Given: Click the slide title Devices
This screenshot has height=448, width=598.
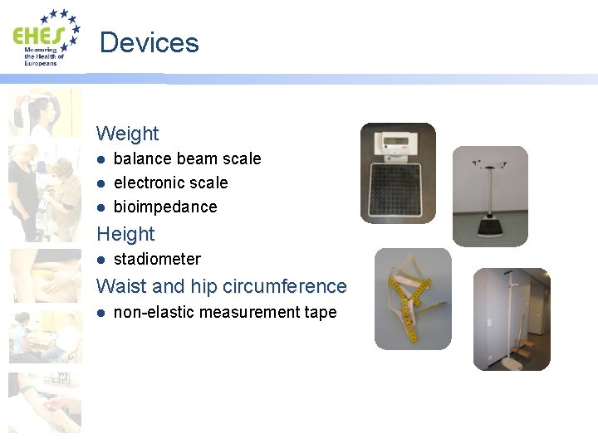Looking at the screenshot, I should pyautogui.click(x=149, y=42).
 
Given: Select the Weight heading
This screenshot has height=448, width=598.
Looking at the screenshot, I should pyautogui.click(x=127, y=133).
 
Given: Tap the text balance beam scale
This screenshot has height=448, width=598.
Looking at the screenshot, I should pyautogui.click(x=187, y=158).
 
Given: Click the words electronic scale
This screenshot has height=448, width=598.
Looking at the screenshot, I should pyautogui.click(x=170, y=183).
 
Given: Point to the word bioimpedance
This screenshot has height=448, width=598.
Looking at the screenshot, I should pyautogui.click(x=165, y=207).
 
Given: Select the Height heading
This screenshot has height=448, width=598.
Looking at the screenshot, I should pyautogui.click(x=125, y=234).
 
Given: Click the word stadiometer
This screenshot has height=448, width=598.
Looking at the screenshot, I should pyautogui.click(x=157, y=259).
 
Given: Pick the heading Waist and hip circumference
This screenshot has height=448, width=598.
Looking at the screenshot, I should pyautogui.click(x=221, y=286).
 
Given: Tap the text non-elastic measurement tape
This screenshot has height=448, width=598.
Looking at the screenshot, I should pyautogui.click(x=224, y=313).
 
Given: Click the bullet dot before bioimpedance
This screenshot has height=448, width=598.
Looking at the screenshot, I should pyautogui.click(x=100, y=207).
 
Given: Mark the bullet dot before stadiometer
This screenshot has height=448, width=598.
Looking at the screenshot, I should pyautogui.click(x=100, y=259).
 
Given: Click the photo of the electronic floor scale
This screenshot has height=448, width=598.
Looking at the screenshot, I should pyautogui.click(x=398, y=173).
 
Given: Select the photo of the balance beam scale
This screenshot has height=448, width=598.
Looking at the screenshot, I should pyautogui.click(x=490, y=196).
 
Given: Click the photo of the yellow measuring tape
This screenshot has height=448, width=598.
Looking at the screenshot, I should pyautogui.click(x=413, y=299).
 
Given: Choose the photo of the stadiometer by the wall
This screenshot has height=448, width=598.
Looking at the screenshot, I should pyautogui.click(x=512, y=319).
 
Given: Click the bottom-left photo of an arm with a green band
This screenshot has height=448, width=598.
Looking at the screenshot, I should pyautogui.click(x=45, y=402).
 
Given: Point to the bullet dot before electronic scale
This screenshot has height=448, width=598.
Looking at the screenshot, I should pyautogui.click(x=100, y=183).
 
